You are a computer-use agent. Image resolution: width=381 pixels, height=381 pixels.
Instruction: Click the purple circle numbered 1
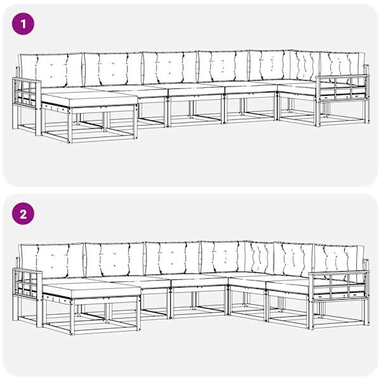click(x=23, y=24)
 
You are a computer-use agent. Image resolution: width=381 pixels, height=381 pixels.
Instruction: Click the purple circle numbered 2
click(x=23, y=214)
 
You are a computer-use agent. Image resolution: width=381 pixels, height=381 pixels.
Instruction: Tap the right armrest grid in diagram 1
click(x=342, y=88)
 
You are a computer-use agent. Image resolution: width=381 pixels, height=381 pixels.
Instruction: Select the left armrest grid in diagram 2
click(x=27, y=282)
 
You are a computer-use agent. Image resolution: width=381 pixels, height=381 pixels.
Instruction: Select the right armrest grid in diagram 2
click(x=338, y=285)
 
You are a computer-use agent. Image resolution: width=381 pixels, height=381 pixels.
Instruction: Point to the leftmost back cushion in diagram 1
click(x=51, y=70)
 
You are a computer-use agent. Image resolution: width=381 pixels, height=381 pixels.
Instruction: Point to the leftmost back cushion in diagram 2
click(x=52, y=261)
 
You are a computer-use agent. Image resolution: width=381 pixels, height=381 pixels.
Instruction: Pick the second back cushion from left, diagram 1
click(x=113, y=69)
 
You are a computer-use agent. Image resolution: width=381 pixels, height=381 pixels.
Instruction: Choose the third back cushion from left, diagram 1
click(x=170, y=67)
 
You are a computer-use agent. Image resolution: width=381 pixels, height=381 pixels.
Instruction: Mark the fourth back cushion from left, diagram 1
click(x=224, y=66)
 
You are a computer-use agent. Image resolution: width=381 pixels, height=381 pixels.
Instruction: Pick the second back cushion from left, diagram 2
click(x=115, y=259)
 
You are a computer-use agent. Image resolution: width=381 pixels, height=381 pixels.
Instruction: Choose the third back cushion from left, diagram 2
click(x=173, y=258)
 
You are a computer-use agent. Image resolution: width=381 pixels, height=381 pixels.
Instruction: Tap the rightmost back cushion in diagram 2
click(x=339, y=262)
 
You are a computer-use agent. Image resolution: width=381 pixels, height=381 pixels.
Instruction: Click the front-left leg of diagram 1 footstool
click(x=70, y=126)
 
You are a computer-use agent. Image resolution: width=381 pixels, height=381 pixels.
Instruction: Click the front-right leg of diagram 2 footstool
click(x=138, y=314)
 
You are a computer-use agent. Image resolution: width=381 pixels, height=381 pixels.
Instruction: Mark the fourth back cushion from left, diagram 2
click(x=224, y=257)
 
